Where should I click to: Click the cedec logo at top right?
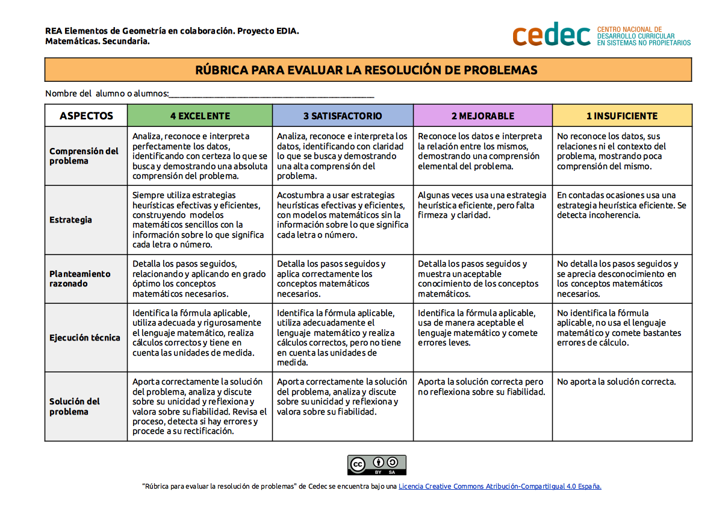[601, 35]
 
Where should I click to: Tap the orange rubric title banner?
[368, 70]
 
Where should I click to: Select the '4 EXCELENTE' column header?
[200, 116]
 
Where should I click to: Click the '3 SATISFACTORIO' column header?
[343, 116]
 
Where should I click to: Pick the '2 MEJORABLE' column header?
[482, 116]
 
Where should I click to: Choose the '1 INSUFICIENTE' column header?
[622, 116]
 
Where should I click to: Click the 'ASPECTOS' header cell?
[86, 116]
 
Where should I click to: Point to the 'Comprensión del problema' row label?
[84, 156]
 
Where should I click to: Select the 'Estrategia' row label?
[71, 220]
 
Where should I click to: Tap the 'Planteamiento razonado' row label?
[80, 279]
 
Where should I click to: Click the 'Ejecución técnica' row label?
[85, 338]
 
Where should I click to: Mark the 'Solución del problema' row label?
[75, 406]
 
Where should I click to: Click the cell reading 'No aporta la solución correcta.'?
[616, 381]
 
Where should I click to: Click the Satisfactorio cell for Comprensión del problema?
[342, 156]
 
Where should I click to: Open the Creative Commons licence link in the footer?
[500, 486]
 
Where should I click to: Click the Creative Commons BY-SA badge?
[377, 465]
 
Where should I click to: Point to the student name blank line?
[272, 94]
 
